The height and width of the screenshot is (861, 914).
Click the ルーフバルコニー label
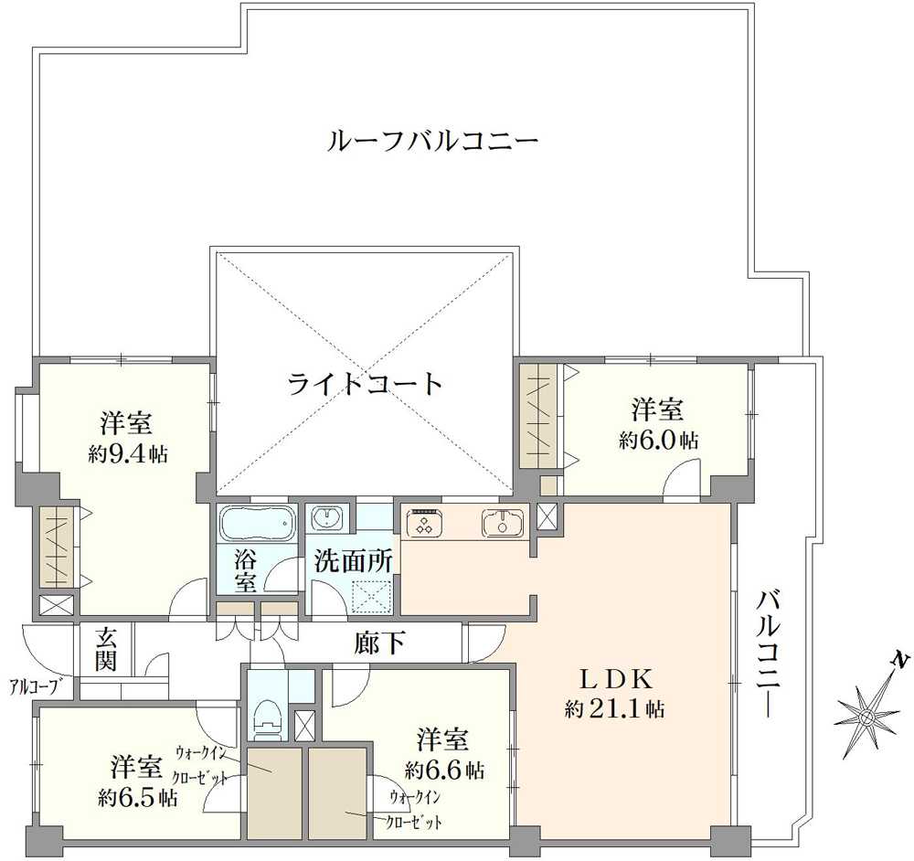[432, 142]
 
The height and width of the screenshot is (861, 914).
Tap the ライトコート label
[365, 383]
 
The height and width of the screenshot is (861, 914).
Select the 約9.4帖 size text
[128, 453]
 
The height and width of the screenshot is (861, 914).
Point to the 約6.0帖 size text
[658, 440]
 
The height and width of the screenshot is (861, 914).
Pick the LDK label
[614, 678]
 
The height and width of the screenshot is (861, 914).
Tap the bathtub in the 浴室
[257, 523]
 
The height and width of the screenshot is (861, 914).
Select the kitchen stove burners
[424, 521]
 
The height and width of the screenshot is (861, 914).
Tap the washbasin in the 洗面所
[327, 518]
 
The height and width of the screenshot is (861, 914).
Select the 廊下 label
[379, 643]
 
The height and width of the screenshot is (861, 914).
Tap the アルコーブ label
[37, 686]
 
